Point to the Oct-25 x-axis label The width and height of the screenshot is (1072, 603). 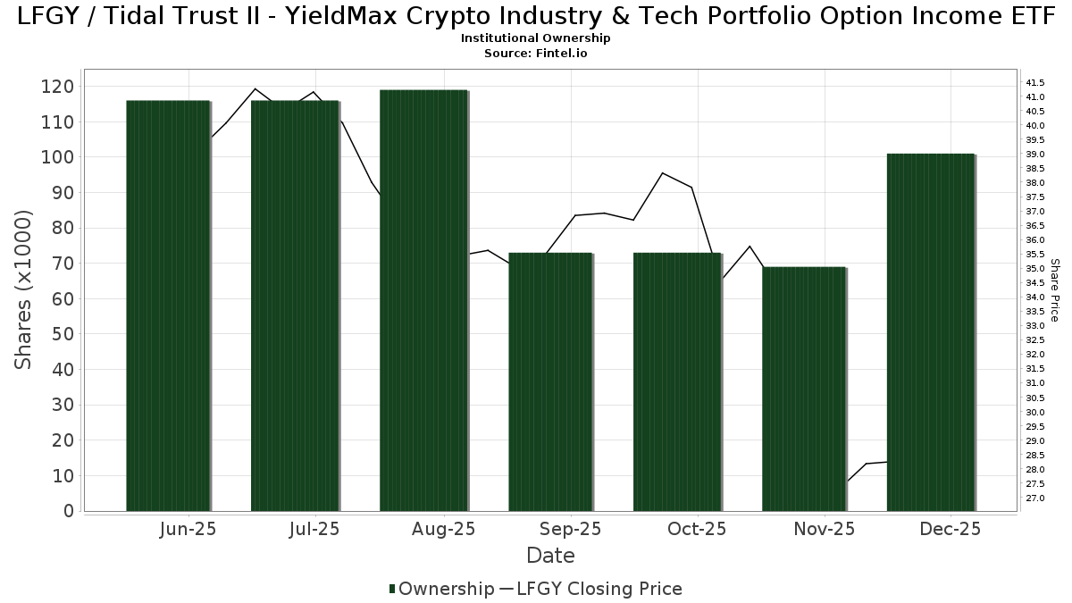point(697,530)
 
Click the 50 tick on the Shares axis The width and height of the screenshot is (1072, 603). point(63,334)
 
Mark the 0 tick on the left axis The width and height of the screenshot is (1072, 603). point(69,511)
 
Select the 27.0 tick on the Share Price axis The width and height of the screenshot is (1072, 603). point(1035,498)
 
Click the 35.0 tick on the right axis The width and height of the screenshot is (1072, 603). point(1035,269)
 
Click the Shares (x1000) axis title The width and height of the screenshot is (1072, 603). point(24,289)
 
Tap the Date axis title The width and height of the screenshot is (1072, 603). point(550,556)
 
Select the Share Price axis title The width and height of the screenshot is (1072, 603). point(1054,289)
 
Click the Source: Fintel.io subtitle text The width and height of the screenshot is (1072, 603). point(536,54)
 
